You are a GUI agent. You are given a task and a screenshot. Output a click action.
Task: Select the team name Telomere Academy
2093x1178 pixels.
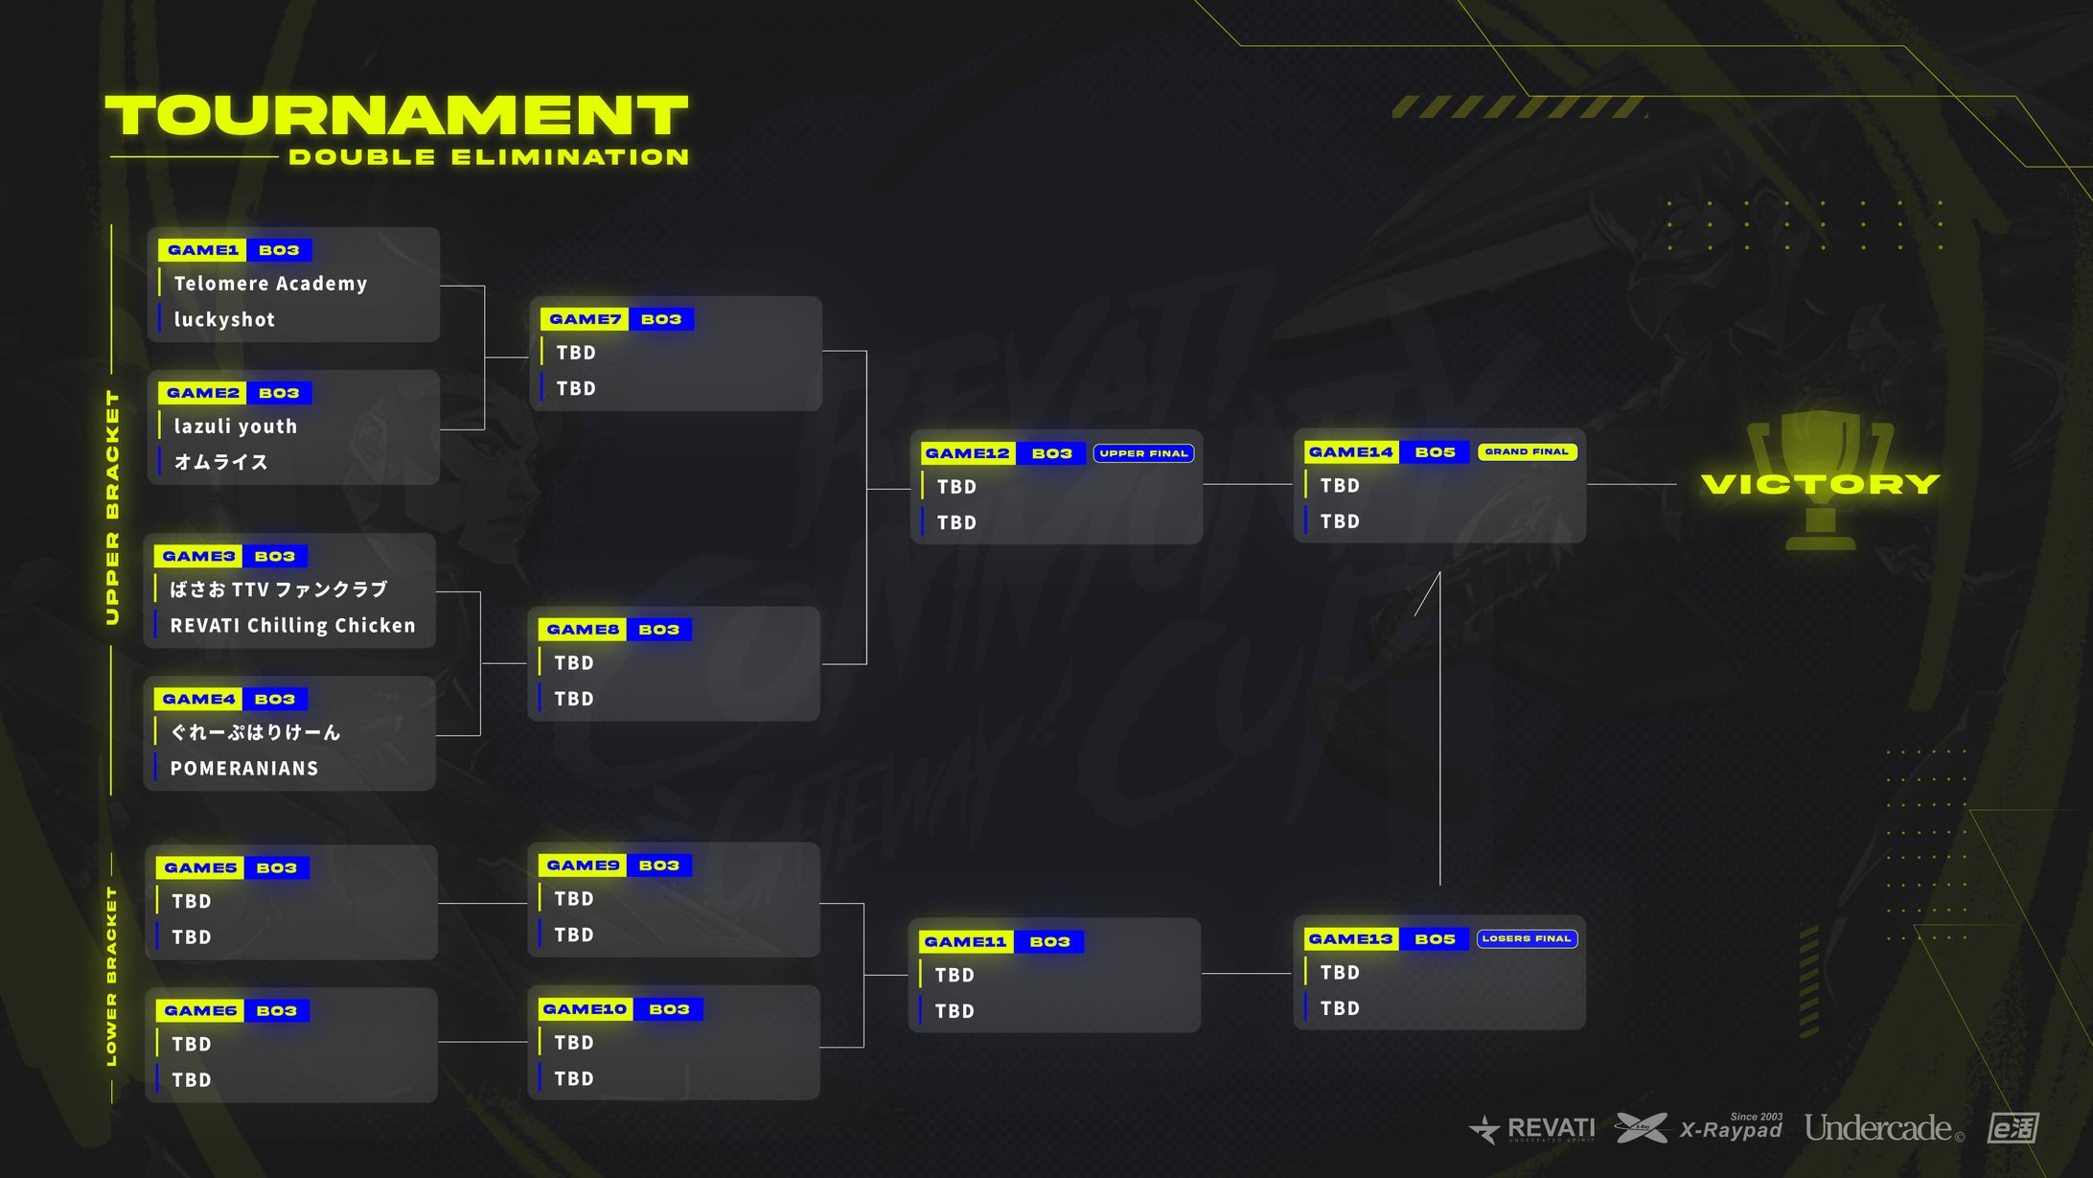tap(270, 284)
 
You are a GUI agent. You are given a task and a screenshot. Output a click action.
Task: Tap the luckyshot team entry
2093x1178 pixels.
tap(224, 320)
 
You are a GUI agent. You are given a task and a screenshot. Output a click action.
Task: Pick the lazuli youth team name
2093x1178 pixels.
tap(235, 427)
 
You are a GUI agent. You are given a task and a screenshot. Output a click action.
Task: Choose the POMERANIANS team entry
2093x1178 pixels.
tap(244, 769)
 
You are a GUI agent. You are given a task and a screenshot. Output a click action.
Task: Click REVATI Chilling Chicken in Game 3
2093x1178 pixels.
tap(293, 626)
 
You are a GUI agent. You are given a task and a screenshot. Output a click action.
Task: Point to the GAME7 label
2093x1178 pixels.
tap(585, 319)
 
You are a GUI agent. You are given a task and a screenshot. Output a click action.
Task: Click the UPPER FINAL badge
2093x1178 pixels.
tap(1143, 453)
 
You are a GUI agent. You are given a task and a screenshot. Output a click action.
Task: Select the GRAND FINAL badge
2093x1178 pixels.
tap(1527, 451)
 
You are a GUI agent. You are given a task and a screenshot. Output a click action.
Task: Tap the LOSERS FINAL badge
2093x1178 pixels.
tap(1527, 938)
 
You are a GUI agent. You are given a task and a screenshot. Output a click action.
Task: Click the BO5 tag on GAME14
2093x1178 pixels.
tap(1435, 452)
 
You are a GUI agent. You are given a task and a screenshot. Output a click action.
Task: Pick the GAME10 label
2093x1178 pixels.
tap(585, 1009)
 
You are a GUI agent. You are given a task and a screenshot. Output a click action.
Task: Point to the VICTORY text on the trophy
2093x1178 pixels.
tap(1821, 484)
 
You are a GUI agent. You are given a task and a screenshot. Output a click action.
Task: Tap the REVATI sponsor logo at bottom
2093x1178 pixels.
tap(1532, 1129)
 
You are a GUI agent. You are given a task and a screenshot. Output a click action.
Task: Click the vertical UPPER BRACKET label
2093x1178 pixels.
tap(113, 508)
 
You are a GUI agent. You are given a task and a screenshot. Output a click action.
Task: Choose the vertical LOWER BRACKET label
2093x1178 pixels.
tap(111, 976)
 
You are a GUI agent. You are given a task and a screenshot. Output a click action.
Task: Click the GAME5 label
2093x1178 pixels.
tap(200, 868)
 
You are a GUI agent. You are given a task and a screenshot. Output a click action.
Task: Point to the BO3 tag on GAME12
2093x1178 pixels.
tap(1051, 453)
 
